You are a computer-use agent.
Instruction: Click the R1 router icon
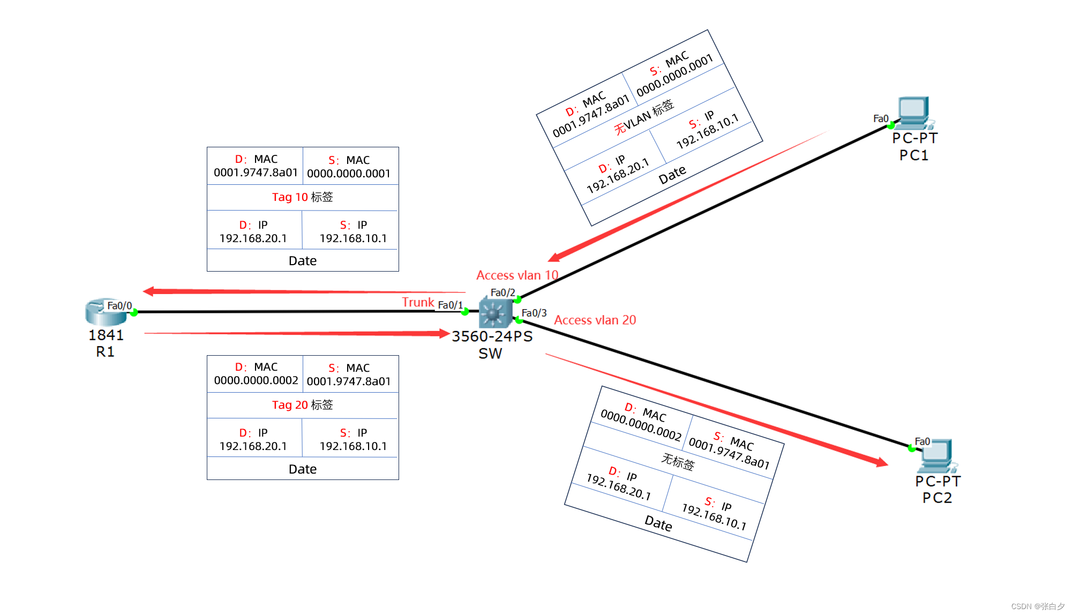click(x=105, y=312)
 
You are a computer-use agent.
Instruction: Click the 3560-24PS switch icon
click(x=494, y=313)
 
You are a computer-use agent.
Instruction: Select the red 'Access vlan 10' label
click(x=517, y=275)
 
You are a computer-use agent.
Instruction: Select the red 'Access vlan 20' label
click(x=595, y=320)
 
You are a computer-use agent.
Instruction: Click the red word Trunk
click(x=418, y=303)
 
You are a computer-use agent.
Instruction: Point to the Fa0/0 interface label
click(x=119, y=306)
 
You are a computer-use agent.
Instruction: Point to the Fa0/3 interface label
click(x=534, y=313)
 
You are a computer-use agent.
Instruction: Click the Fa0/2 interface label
click(x=502, y=292)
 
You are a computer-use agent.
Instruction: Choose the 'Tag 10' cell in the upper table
click(x=302, y=197)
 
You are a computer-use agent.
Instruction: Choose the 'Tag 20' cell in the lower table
click(x=302, y=405)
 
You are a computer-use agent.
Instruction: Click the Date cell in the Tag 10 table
click(x=302, y=261)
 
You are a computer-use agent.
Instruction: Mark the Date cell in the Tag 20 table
click(x=302, y=469)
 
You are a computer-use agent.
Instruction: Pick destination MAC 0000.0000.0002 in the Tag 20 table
click(x=256, y=380)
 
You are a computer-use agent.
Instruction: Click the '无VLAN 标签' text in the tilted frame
click(x=644, y=117)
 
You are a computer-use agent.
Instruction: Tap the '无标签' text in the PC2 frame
click(x=678, y=461)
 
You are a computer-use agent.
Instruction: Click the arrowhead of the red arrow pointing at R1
click(x=148, y=291)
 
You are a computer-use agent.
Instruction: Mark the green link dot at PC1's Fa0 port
click(x=890, y=126)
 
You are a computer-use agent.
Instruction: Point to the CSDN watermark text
click(x=1037, y=606)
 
